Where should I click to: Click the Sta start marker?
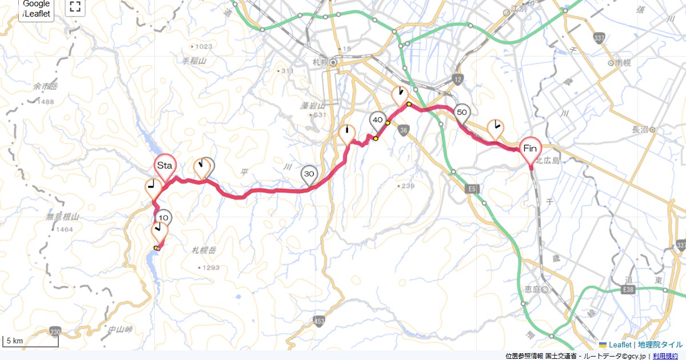click(x=165, y=166)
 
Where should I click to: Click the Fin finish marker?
click(x=530, y=149)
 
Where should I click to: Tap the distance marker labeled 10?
click(x=164, y=218)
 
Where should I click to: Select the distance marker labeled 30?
click(x=309, y=174)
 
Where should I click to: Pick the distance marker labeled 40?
click(x=377, y=120)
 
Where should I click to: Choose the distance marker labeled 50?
click(x=462, y=113)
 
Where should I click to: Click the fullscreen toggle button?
click(x=75, y=7)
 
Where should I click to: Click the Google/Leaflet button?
click(x=37, y=9)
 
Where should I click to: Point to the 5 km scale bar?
click(x=30, y=341)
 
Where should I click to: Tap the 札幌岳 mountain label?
click(x=205, y=250)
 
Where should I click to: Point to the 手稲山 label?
click(x=194, y=60)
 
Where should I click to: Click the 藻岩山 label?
click(x=313, y=106)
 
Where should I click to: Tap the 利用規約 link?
click(x=666, y=356)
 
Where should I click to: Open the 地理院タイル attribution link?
click(x=660, y=345)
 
